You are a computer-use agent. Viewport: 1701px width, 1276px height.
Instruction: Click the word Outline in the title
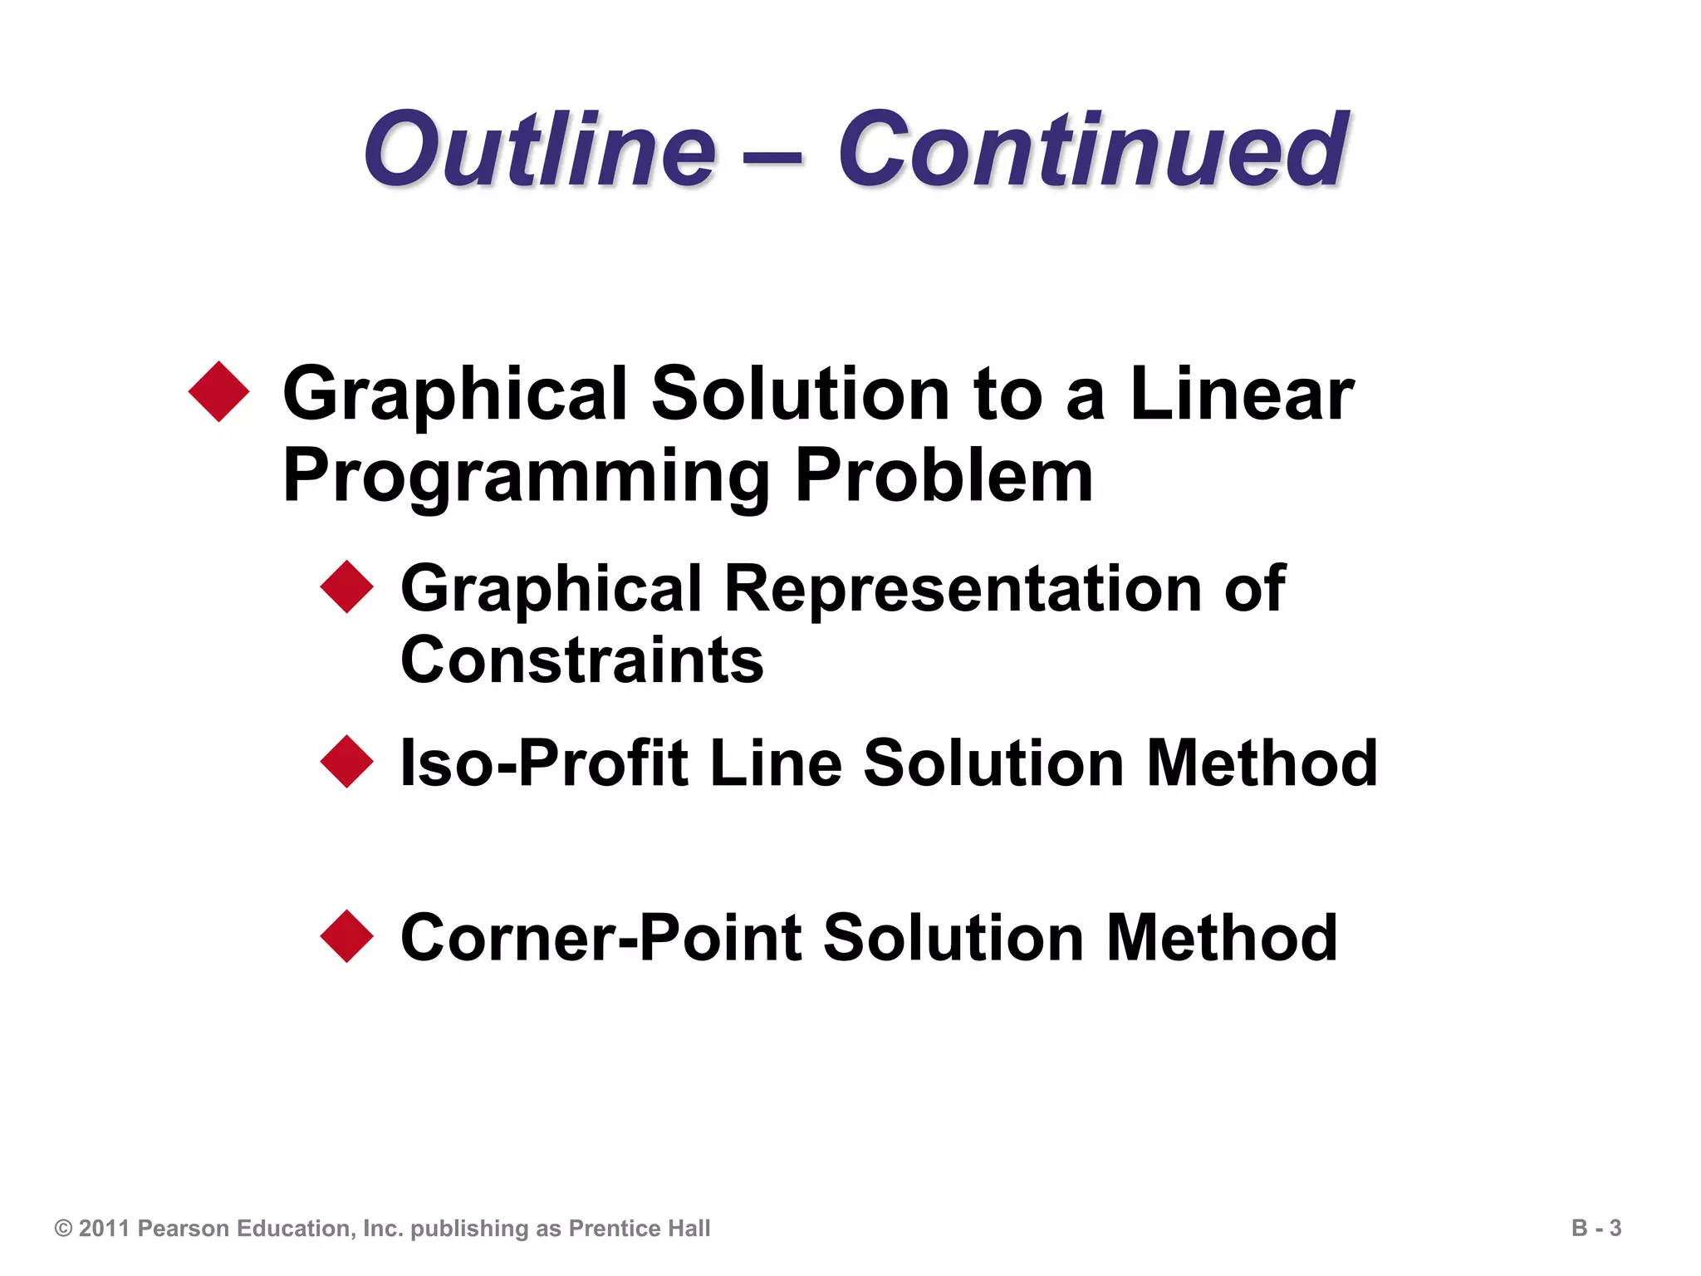click(x=540, y=150)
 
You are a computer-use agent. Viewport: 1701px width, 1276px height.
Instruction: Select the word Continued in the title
click(x=1092, y=150)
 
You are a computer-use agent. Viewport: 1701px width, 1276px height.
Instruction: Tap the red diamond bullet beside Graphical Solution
click(x=219, y=391)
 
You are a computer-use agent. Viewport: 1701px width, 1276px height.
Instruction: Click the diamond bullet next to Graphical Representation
click(x=347, y=586)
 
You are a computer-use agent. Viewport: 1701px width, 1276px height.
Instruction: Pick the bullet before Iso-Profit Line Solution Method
click(x=347, y=761)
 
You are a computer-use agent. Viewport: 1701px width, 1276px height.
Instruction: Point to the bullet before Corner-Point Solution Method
click(x=347, y=936)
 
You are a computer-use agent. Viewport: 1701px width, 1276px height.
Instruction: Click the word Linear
click(x=1242, y=395)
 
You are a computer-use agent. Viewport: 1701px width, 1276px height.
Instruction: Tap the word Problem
click(x=944, y=476)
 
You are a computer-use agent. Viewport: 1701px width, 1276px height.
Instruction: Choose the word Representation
click(x=963, y=588)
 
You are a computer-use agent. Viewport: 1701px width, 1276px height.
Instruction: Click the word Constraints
click(x=581, y=660)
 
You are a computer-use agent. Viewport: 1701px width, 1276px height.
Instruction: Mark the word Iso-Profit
click(x=545, y=763)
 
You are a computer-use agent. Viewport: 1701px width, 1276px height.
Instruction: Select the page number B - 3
click(x=1596, y=1228)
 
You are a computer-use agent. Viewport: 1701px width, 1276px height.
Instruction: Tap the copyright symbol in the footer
click(x=63, y=1229)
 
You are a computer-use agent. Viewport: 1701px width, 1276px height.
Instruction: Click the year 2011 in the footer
click(x=105, y=1229)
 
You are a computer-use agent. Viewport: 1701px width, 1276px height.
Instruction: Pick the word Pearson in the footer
click(x=182, y=1229)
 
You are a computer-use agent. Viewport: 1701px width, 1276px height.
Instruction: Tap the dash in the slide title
click(x=777, y=154)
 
